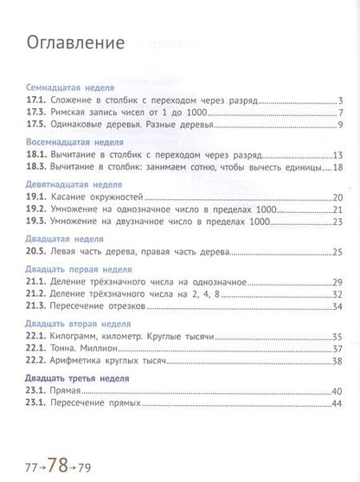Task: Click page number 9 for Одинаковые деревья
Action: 342,127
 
